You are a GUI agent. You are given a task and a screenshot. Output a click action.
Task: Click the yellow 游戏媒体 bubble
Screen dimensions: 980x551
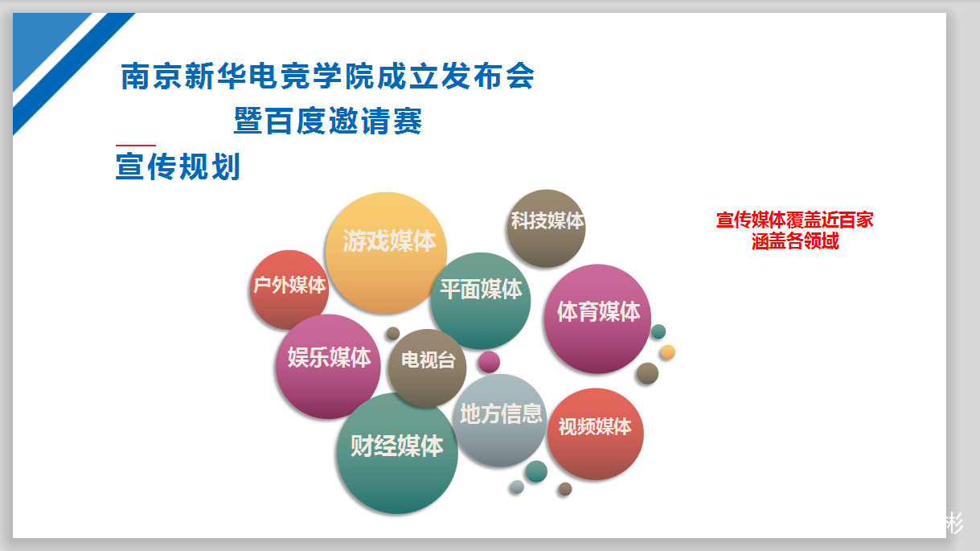tap(386, 253)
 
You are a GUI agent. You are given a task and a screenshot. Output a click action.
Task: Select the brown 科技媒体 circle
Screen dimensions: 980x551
tap(546, 228)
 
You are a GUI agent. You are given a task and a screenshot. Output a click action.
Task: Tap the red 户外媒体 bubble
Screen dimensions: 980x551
tap(289, 290)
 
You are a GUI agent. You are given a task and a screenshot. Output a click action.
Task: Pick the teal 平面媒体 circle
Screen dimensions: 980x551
tap(481, 301)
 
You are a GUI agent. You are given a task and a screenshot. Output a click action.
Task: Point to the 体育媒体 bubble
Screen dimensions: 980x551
tap(597, 319)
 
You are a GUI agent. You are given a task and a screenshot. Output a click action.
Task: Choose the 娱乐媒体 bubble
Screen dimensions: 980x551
tap(328, 366)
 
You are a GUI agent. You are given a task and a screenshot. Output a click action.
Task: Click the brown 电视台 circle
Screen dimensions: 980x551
tap(428, 368)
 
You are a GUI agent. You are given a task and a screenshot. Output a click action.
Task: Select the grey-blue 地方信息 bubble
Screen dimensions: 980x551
tap(500, 420)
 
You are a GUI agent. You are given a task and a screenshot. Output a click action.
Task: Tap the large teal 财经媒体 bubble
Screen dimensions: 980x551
tap(397, 453)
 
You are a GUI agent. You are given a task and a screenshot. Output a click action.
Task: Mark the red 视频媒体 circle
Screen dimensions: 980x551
tap(596, 434)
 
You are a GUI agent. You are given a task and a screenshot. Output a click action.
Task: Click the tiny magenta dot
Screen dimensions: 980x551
tap(489, 362)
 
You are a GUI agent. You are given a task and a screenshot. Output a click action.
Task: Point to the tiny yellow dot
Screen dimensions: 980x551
tap(667, 352)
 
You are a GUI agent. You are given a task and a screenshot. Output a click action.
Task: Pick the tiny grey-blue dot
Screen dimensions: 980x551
tap(517, 487)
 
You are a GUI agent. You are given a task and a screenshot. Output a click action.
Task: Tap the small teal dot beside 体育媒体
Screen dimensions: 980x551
tap(658, 331)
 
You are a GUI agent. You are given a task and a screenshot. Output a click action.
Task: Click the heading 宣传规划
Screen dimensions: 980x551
tap(178, 167)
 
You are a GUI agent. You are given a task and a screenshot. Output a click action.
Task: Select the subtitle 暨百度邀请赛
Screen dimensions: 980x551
tap(328, 121)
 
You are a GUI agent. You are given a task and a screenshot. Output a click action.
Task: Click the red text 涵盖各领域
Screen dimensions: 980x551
tap(795, 241)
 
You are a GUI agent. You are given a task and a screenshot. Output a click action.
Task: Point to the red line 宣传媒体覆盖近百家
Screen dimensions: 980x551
tap(794, 220)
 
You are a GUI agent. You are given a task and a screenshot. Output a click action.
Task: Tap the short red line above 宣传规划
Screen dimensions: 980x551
tap(136, 145)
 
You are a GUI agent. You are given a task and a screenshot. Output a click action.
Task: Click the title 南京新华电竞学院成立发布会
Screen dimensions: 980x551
tap(327, 76)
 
